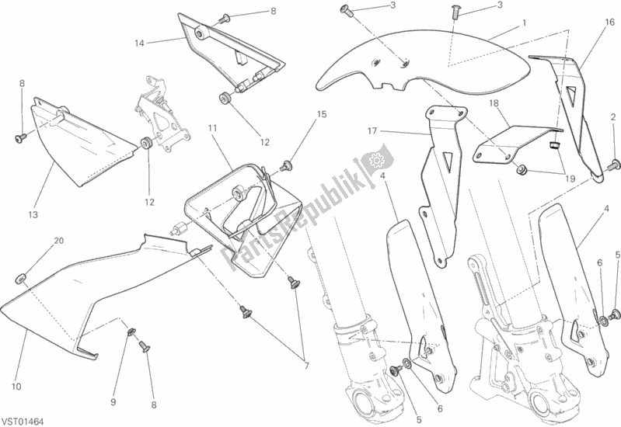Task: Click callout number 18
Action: [x=493, y=102]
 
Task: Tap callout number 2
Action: [x=613, y=117]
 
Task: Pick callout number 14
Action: [x=140, y=43]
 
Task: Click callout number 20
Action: [x=58, y=241]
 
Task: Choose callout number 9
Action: [x=113, y=380]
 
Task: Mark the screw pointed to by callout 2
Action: [x=613, y=164]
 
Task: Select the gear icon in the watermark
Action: [x=379, y=161]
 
